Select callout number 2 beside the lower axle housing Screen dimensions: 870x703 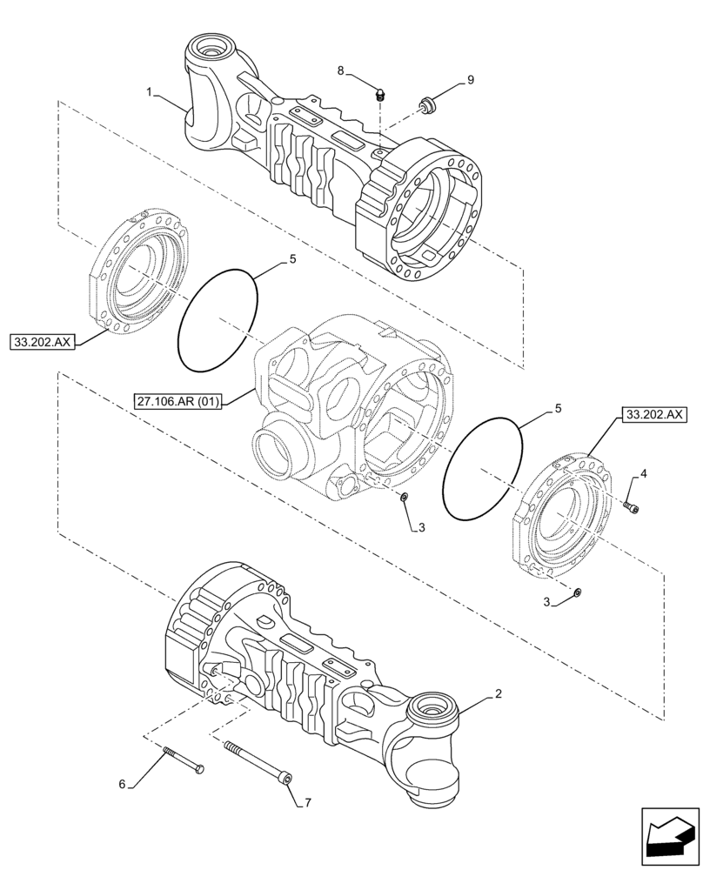click(x=497, y=693)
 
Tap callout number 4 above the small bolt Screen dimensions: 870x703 click(x=643, y=473)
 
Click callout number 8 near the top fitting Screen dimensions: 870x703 click(x=341, y=70)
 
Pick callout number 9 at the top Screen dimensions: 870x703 click(x=470, y=80)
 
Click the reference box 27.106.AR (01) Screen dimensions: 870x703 click(x=180, y=401)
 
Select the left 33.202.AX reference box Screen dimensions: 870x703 click(x=44, y=342)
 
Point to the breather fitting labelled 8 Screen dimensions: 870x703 click(x=379, y=95)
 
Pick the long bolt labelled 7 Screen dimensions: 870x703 click(x=258, y=761)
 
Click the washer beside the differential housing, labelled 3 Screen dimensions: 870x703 click(x=403, y=496)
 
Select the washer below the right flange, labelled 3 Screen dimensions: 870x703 click(x=579, y=592)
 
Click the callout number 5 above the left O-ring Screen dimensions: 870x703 click(x=292, y=259)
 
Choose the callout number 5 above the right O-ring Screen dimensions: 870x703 click(x=558, y=407)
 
